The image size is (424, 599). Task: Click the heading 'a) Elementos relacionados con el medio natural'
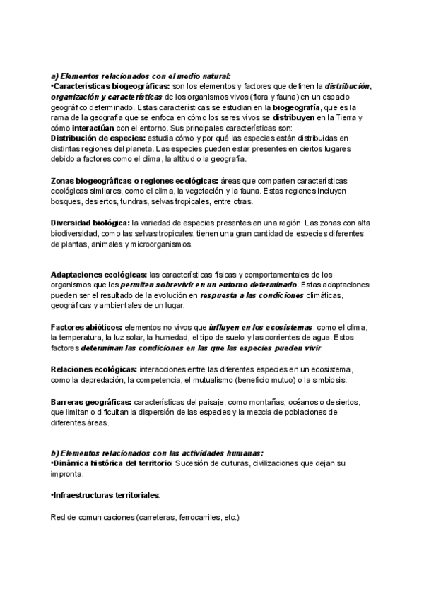pyautogui.click(x=141, y=76)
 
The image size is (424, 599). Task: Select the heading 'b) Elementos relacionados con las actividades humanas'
pyautogui.click(x=158, y=453)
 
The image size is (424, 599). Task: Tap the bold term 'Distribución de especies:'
pyautogui.click(x=95, y=139)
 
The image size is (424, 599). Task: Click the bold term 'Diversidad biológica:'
pyautogui.click(x=90, y=223)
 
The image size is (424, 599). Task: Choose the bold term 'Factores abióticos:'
pyautogui.click(x=87, y=328)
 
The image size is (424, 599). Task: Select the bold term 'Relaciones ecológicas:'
pyautogui.click(x=94, y=369)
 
